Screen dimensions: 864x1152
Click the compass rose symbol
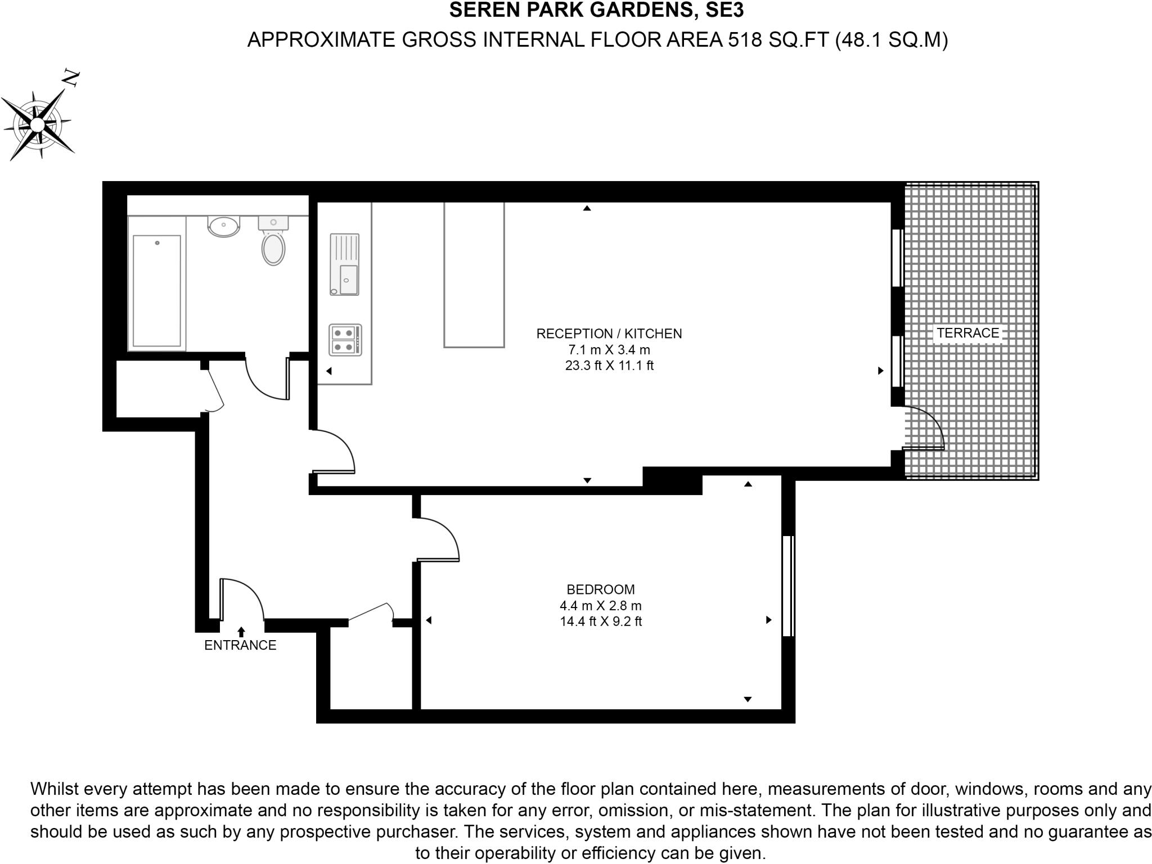click(37, 124)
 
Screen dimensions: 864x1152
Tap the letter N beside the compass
click(71, 79)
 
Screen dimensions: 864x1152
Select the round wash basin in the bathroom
click(224, 226)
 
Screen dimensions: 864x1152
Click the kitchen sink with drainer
click(344, 264)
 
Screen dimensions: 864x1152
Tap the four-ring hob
click(345, 340)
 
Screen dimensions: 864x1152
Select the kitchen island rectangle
click(474, 274)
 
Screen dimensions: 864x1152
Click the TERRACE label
click(967, 333)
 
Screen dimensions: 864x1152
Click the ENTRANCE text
click(240, 645)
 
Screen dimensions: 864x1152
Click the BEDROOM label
click(600, 589)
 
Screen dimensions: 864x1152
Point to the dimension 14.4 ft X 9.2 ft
click(600, 622)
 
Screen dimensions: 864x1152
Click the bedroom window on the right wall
click(787, 586)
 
